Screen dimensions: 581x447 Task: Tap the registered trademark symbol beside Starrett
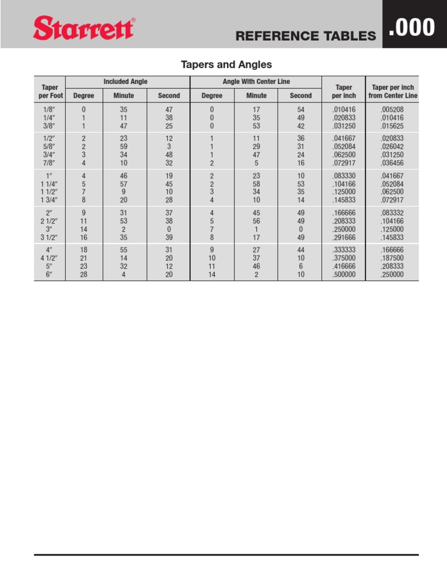pos(134,20)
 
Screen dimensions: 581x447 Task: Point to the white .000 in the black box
pos(411,27)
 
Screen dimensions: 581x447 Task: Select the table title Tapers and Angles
pos(224,64)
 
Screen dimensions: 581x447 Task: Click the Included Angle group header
pos(125,82)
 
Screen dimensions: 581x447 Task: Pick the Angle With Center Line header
pos(256,82)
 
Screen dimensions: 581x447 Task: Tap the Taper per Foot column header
pos(49,90)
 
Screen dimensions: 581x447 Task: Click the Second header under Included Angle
pos(169,95)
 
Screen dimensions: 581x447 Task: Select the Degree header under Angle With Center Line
pos(212,95)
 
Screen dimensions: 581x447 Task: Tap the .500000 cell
pos(343,275)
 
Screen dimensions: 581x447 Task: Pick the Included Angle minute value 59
pos(124,147)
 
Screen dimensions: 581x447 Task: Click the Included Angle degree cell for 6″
pos(84,275)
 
